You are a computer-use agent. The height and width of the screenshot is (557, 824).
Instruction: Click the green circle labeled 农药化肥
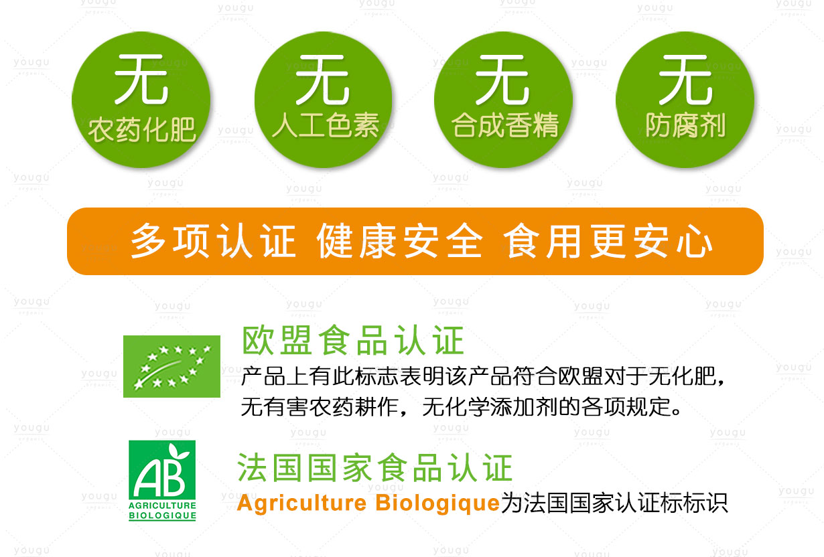pyautogui.click(x=141, y=100)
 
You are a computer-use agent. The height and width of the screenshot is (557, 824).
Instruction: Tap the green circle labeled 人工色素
pyautogui.click(x=324, y=100)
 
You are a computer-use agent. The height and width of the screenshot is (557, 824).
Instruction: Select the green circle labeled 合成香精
pyautogui.click(x=503, y=100)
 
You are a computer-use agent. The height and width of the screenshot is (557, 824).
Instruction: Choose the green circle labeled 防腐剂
pyautogui.click(x=685, y=100)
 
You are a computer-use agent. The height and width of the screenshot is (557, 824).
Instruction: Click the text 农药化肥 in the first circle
pyautogui.click(x=141, y=129)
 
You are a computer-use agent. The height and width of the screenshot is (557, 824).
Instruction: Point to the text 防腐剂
pyautogui.click(x=685, y=125)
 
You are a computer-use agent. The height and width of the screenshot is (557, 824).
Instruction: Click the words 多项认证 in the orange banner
pyautogui.click(x=213, y=241)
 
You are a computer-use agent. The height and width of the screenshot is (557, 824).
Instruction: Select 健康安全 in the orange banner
pyautogui.click(x=399, y=241)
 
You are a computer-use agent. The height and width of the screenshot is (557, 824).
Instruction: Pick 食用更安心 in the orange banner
pyautogui.click(x=608, y=241)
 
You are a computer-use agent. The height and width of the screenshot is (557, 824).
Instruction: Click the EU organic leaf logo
pyautogui.click(x=171, y=366)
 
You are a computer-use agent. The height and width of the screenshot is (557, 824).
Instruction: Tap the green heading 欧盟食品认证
pyautogui.click(x=353, y=341)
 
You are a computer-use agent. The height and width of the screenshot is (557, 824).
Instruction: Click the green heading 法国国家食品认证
pyautogui.click(x=375, y=467)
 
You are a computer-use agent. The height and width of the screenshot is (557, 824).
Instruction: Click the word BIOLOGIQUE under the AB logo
pyautogui.click(x=162, y=515)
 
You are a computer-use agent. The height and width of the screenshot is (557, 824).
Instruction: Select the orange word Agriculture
pyautogui.click(x=302, y=503)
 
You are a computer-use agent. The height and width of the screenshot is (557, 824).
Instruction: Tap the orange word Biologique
pyautogui.click(x=437, y=503)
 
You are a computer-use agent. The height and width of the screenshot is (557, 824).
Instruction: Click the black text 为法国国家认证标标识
pyautogui.click(x=614, y=503)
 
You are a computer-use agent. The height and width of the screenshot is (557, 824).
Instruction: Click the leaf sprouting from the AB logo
pyautogui.click(x=178, y=452)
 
